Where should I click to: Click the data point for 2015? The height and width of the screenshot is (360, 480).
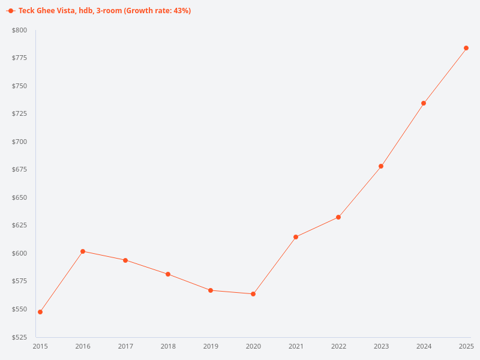tap(40, 312)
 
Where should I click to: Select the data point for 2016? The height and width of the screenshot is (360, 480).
tap(83, 251)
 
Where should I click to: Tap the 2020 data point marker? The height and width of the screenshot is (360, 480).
tap(253, 294)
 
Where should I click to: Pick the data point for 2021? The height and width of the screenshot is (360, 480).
tap(296, 237)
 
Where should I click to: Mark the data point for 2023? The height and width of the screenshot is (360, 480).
tap(381, 166)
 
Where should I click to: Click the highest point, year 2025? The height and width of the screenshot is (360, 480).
tap(466, 48)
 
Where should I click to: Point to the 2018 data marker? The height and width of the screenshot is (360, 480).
tap(168, 274)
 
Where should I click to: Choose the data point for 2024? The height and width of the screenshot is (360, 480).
tap(424, 103)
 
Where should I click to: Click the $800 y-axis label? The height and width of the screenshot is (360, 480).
tap(19, 30)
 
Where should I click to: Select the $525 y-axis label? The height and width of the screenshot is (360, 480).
tap(19, 337)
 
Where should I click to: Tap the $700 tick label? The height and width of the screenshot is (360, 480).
tap(19, 142)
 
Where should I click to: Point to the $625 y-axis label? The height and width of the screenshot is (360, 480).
tap(19, 226)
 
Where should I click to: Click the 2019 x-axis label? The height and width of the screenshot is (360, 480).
tap(211, 346)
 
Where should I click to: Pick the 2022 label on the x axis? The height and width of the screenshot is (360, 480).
tap(338, 346)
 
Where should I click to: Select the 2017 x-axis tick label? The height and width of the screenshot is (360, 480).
tap(125, 346)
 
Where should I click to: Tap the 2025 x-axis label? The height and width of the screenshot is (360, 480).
tap(466, 346)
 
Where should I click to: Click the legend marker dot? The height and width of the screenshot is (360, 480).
tap(11, 11)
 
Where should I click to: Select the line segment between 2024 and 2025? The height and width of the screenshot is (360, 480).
tap(445, 76)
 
